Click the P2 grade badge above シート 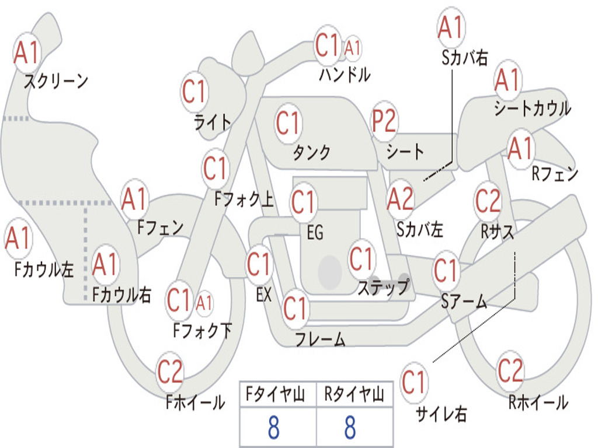click(x=384, y=122)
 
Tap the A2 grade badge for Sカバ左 click(x=400, y=199)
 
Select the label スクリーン click(x=55, y=81)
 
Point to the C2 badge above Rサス click(x=488, y=201)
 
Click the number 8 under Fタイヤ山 click(x=273, y=428)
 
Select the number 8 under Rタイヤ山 click(x=350, y=428)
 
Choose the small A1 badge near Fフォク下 click(x=204, y=303)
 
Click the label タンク click(x=311, y=153)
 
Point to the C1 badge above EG click(x=303, y=203)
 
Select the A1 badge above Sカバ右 click(x=451, y=27)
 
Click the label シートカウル click(x=532, y=109)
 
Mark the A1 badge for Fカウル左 click(x=18, y=239)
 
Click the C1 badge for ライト click(x=194, y=92)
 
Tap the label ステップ click(x=383, y=288)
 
